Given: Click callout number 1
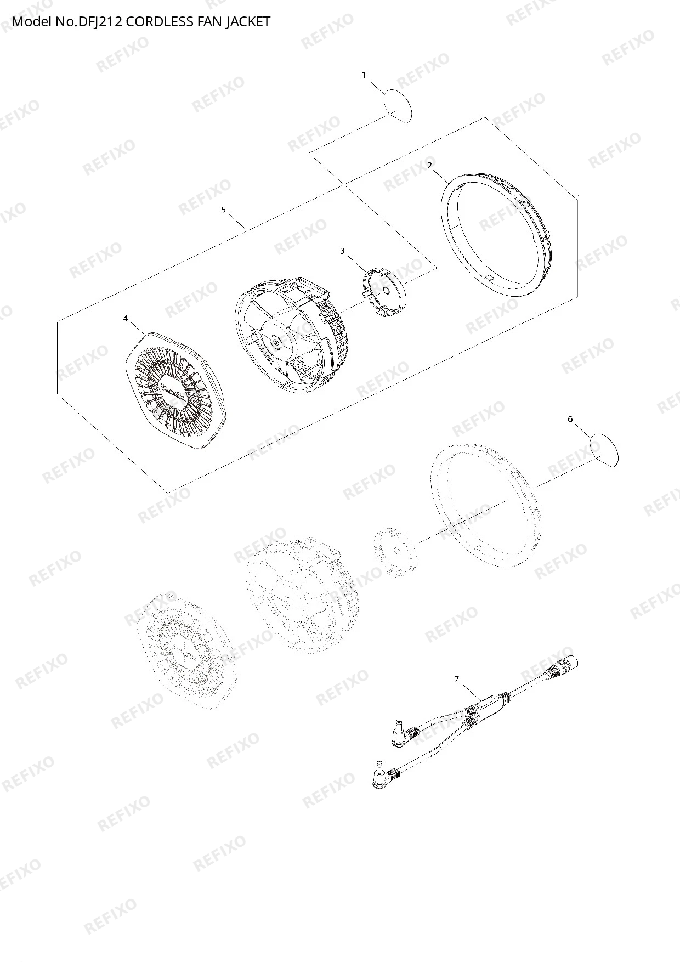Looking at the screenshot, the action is pyautogui.click(x=364, y=76).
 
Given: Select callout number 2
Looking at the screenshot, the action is pyautogui.click(x=429, y=165).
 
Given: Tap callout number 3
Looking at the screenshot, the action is pyautogui.click(x=343, y=251).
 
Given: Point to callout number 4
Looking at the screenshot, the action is pyautogui.click(x=125, y=319).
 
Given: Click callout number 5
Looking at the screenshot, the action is pyautogui.click(x=223, y=210).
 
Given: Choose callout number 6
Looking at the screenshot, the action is pyautogui.click(x=570, y=419).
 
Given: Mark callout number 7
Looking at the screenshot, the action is pyautogui.click(x=456, y=680).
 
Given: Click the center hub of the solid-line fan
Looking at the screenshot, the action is pyautogui.click(x=276, y=341).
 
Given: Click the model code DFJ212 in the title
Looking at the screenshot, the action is pyautogui.click(x=95, y=22).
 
